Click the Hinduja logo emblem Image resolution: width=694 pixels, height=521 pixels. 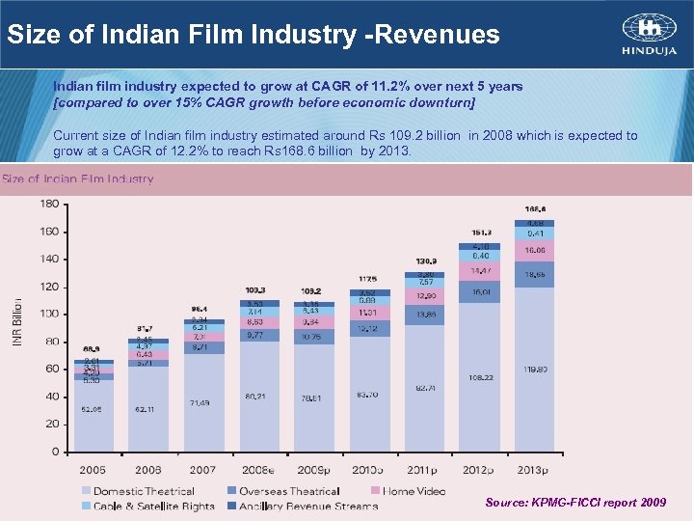pos(635,26)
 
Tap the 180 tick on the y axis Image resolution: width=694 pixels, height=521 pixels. pos(48,204)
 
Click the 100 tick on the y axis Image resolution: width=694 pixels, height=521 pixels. pos(48,315)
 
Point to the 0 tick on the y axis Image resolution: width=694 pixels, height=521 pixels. pos(55,452)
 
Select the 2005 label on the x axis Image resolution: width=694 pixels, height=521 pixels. pos(93,470)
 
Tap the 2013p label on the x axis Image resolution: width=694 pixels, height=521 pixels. pos(533,470)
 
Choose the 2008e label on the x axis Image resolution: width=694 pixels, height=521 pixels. pos(258,470)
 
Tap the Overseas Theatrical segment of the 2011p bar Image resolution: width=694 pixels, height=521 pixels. pos(424,315)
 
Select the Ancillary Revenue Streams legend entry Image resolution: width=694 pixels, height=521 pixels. pos(301,506)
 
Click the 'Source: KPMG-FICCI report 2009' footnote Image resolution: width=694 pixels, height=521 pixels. pos(574,503)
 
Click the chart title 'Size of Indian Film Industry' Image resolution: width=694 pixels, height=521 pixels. pos(78,178)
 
